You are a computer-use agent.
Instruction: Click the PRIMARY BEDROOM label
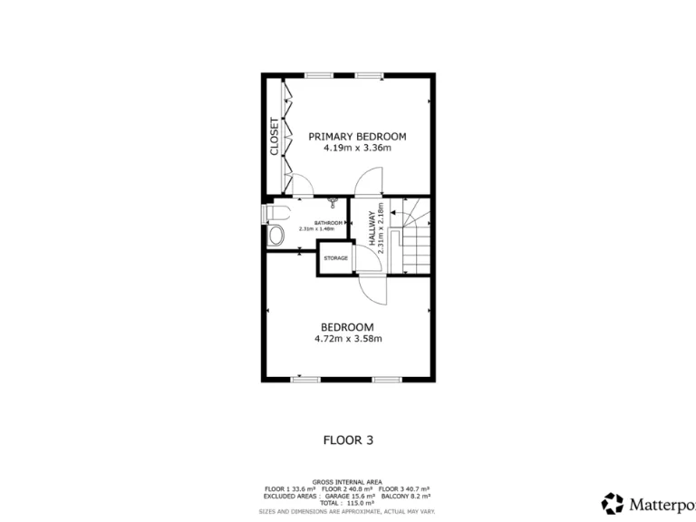(357, 136)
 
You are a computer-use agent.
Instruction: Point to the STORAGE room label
(335, 258)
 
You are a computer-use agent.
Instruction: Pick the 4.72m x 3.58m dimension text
(348, 339)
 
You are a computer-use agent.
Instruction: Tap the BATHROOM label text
(328, 222)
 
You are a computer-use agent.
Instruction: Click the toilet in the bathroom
(275, 213)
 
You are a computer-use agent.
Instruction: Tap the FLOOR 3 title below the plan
(348, 440)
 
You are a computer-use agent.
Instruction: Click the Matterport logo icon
(614, 503)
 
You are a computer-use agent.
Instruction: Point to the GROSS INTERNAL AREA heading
(347, 481)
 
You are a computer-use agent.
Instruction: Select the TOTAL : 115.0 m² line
(347, 503)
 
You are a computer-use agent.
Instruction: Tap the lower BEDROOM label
(348, 327)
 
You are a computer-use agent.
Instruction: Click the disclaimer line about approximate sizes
(347, 510)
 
